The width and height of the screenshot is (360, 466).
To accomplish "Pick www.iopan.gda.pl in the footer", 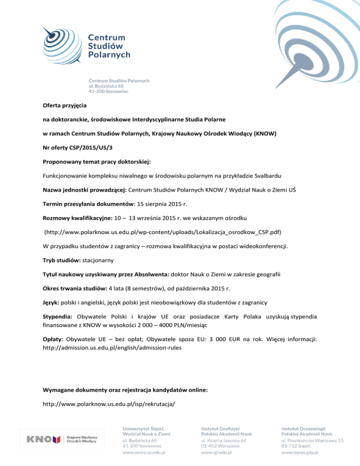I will tap(300, 452).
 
